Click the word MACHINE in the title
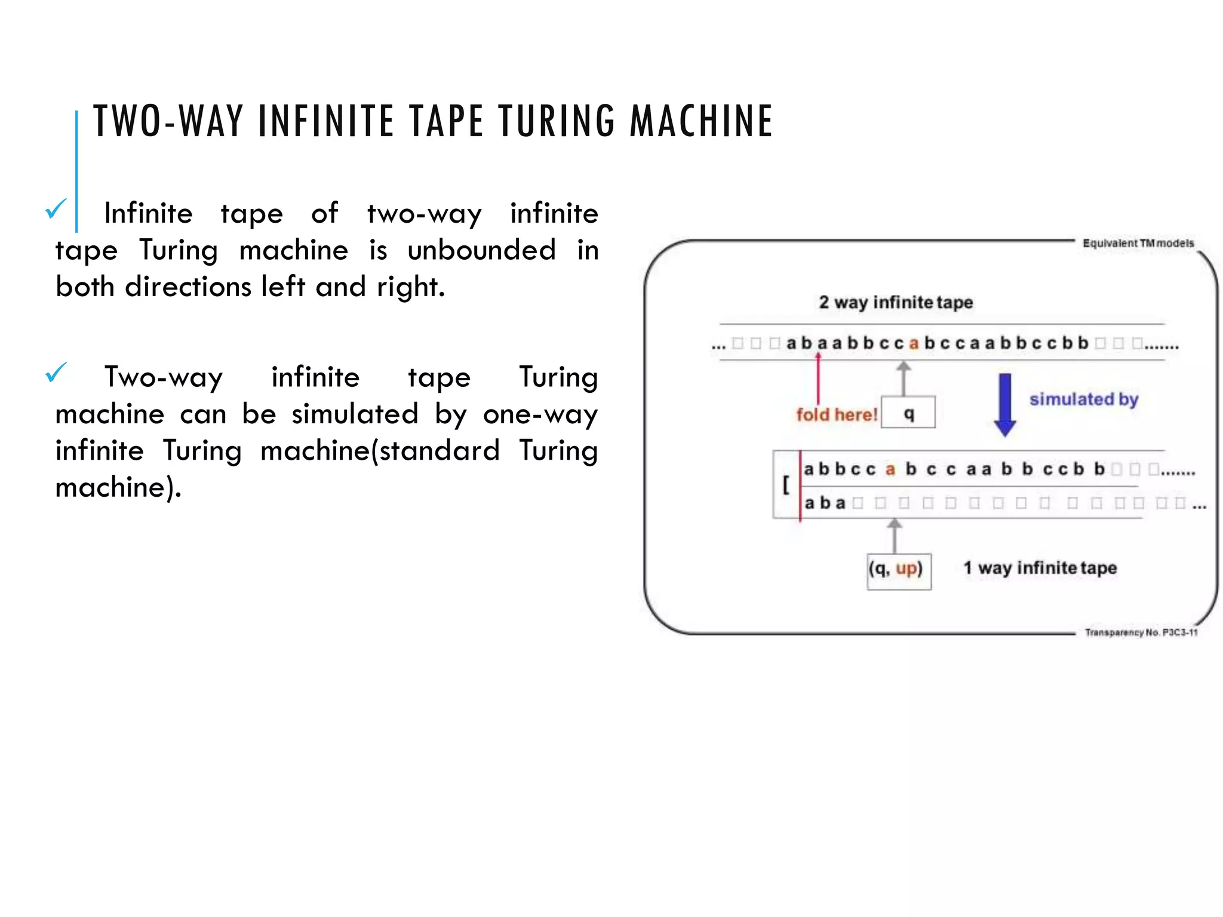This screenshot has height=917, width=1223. click(701, 121)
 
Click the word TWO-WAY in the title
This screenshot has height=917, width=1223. click(168, 121)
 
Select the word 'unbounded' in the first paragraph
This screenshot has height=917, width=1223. click(481, 250)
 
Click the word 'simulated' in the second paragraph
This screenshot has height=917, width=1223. click(355, 414)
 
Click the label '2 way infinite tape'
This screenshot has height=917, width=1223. click(895, 302)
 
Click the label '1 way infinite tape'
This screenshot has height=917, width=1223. click(1040, 567)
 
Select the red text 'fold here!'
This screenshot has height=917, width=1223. click(836, 414)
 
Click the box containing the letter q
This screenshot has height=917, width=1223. click(908, 413)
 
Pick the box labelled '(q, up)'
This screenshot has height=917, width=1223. click(899, 571)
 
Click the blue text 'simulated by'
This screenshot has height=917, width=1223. click(1083, 399)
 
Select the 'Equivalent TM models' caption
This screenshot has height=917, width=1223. click(1138, 243)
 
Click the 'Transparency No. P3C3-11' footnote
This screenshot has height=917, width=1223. click(1141, 632)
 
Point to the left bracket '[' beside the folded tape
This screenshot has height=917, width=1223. click(786, 484)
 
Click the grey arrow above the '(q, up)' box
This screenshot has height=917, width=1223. click(894, 536)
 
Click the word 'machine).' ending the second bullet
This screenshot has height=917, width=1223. click(118, 487)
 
